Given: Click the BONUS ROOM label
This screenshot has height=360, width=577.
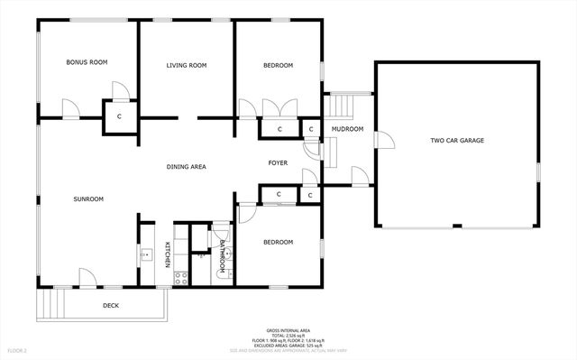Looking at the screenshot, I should (x=87, y=62).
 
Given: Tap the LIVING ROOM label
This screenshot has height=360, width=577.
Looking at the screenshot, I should (x=187, y=65).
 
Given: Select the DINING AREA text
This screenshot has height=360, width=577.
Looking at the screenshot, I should (x=187, y=166).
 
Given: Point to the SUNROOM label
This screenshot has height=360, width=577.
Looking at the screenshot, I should (x=89, y=198).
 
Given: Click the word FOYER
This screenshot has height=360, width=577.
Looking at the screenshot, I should (x=278, y=162).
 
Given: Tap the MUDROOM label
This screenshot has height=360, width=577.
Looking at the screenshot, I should (x=347, y=129).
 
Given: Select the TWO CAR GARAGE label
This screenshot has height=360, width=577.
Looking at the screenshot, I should (x=456, y=140).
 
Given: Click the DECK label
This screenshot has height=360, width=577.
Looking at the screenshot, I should (x=110, y=306).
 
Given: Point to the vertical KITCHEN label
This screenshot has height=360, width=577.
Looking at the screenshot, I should (x=168, y=255).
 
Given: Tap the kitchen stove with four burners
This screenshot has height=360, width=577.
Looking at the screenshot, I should (x=179, y=277).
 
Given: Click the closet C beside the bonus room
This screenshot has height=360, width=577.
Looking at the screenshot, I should (x=119, y=116).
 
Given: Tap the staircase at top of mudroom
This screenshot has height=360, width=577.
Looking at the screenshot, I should (x=341, y=105).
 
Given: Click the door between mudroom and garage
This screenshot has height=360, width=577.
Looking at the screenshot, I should (x=383, y=140).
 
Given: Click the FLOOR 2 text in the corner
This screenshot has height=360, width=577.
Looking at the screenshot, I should (x=18, y=349).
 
